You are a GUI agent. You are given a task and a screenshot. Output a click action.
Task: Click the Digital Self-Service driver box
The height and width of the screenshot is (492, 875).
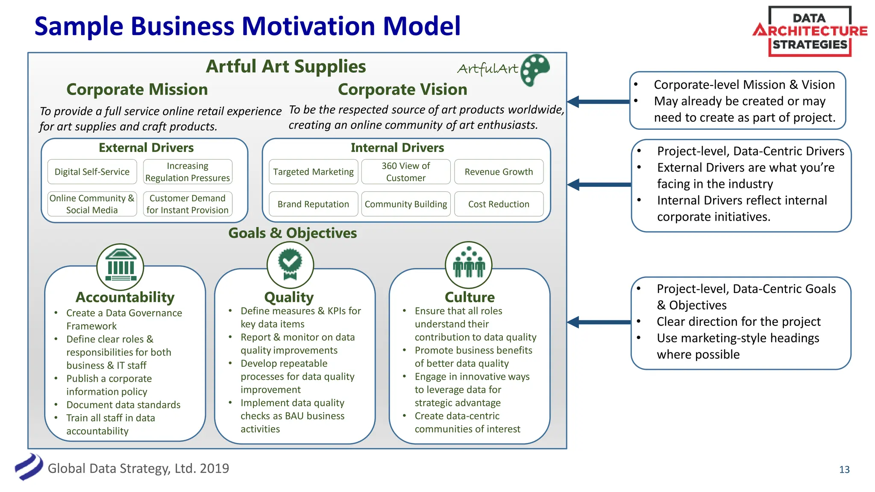click(x=92, y=172)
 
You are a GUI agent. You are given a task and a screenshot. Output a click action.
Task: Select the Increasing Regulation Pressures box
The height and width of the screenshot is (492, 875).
click(x=188, y=172)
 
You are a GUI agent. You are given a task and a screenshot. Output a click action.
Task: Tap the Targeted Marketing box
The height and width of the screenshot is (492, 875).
click(x=313, y=172)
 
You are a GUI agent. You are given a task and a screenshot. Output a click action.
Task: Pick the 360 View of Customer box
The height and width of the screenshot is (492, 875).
click(x=405, y=172)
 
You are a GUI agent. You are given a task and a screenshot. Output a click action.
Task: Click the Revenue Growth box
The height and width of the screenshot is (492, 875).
click(x=499, y=172)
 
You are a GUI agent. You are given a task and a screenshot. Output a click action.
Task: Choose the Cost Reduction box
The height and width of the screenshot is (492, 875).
click(x=499, y=204)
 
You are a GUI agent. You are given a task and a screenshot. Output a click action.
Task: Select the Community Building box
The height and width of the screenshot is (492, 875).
click(x=405, y=204)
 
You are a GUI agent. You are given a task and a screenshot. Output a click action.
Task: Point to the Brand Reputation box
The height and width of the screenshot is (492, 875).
click(x=313, y=204)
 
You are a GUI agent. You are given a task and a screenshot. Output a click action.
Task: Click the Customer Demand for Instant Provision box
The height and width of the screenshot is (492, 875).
click(x=188, y=204)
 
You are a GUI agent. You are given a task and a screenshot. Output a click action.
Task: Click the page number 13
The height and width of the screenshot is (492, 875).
click(x=844, y=469)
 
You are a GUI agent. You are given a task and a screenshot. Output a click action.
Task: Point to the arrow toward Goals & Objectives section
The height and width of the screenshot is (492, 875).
click(x=598, y=322)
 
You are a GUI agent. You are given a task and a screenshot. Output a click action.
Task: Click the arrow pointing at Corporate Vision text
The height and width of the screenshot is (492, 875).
click(x=598, y=102)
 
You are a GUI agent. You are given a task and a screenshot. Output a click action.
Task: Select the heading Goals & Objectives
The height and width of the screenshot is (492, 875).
click(x=293, y=233)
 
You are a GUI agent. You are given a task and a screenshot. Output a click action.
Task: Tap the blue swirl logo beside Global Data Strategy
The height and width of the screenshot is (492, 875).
click(x=29, y=467)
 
